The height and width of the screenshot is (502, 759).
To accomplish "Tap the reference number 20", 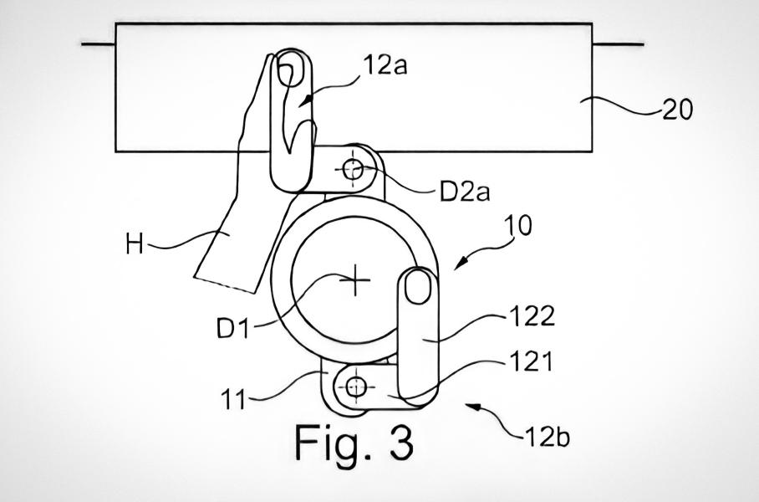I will coord(676,110).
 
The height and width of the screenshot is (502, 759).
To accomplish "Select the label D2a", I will coord(465,192).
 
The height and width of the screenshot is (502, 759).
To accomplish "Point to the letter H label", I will coord(134,245).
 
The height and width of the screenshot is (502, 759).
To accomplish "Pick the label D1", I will coord(234,328).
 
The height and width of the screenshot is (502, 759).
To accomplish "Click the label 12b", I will coord(547,436).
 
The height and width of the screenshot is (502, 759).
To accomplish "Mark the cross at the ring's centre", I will coord(357,281).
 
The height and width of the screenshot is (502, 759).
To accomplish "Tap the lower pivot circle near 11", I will coord(357,387).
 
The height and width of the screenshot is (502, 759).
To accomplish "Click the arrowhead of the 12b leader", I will coord(471,405).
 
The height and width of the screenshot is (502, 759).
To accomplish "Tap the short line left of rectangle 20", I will coord(98,44).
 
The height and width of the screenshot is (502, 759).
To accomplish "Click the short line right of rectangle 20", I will coord(618,44).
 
